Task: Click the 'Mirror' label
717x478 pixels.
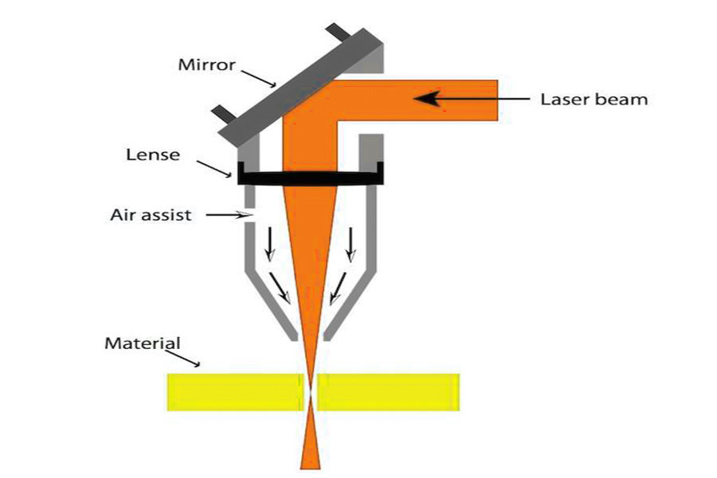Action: coord(206,65)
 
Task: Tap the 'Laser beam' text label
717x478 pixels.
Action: coord(594,100)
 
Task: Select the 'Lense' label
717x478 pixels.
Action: coord(153,155)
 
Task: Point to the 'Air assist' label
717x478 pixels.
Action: coord(151,215)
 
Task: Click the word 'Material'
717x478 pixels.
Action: coord(143,343)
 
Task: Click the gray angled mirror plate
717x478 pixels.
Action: coord(300,84)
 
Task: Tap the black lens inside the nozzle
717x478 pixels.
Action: coord(311,177)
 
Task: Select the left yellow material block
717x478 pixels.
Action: coord(235,392)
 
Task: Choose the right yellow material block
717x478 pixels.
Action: coord(388,392)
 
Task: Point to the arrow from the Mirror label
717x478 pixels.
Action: coord(258,78)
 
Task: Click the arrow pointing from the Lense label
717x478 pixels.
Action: coord(214,169)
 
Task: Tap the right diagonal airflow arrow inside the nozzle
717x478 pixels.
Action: coord(338,288)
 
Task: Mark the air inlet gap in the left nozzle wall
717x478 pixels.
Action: coord(249,215)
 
